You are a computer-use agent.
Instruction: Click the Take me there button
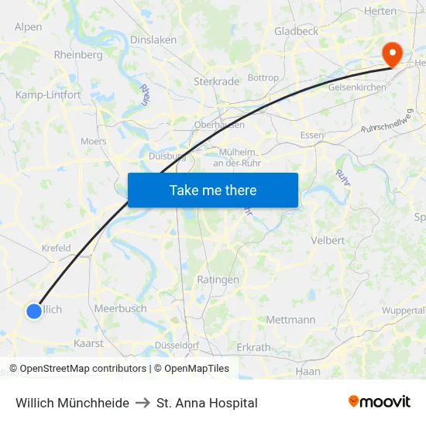tap(213, 190)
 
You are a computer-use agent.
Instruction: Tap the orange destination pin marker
tap(393, 53)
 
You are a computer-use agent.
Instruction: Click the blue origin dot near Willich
tap(34, 311)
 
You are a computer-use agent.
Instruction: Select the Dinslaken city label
tap(153, 40)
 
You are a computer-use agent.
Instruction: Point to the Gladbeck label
tap(296, 31)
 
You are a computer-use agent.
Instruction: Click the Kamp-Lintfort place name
tap(48, 94)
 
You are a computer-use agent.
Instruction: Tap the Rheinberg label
tap(78, 55)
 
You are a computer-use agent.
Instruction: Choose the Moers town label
tap(94, 142)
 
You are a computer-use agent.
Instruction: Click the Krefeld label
tap(56, 249)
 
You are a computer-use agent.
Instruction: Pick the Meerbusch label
tap(120, 308)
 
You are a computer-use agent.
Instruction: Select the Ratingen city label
tap(218, 280)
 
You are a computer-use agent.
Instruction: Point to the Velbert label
tap(328, 240)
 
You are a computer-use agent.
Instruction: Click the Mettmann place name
tap(290, 319)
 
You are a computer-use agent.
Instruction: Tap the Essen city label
tap(311, 136)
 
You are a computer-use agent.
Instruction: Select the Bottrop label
tap(263, 78)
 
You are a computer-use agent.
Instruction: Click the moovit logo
tap(379, 402)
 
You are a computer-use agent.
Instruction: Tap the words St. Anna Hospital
tap(207, 403)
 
